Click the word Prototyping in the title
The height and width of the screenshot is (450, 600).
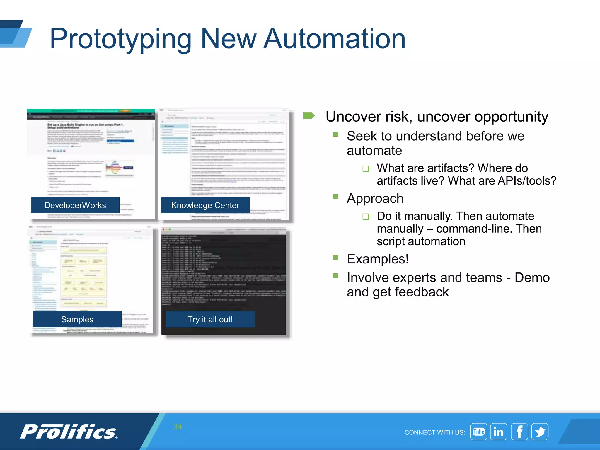(x=120, y=39)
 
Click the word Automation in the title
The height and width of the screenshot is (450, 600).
(x=334, y=39)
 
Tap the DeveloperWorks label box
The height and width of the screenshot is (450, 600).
(x=75, y=205)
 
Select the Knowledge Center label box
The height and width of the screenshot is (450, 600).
(x=205, y=205)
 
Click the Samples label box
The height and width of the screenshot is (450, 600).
(x=77, y=319)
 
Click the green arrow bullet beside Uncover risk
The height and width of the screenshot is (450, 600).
(x=309, y=116)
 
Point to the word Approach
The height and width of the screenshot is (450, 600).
(x=375, y=198)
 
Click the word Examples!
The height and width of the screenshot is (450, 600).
(x=378, y=259)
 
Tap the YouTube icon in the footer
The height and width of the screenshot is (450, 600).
(x=478, y=432)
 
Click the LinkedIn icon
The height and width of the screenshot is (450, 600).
(x=499, y=432)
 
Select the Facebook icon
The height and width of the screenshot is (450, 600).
(x=519, y=432)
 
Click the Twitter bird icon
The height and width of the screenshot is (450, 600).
(x=540, y=432)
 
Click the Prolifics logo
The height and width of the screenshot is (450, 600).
(x=69, y=432)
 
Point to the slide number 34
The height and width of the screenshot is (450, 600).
(x=177, y=427)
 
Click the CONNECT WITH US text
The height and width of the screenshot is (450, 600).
(x=434, y=432)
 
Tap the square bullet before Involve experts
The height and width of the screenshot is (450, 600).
(x=336, y=276)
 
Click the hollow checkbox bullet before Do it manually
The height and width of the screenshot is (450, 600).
(x=365, y=217)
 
